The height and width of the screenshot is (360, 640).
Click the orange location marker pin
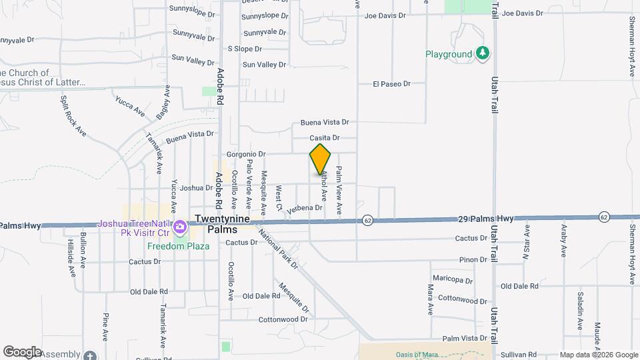[320, 159]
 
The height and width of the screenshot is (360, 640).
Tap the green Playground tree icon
[483, 53]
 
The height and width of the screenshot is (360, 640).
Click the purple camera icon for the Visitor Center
[180, 229]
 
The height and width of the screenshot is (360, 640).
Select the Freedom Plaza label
[178, 246]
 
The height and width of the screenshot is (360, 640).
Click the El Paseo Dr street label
[391, 84]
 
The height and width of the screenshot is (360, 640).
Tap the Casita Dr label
[325, 138]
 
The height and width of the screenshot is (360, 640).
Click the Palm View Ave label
[339, 190]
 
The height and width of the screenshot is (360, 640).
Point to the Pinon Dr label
[474, 259]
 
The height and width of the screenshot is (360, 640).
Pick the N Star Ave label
[526, 241]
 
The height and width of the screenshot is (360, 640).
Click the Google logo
[22, 352]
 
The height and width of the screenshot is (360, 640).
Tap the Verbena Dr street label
[305, 208]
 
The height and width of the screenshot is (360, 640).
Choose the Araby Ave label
[563, 243]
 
